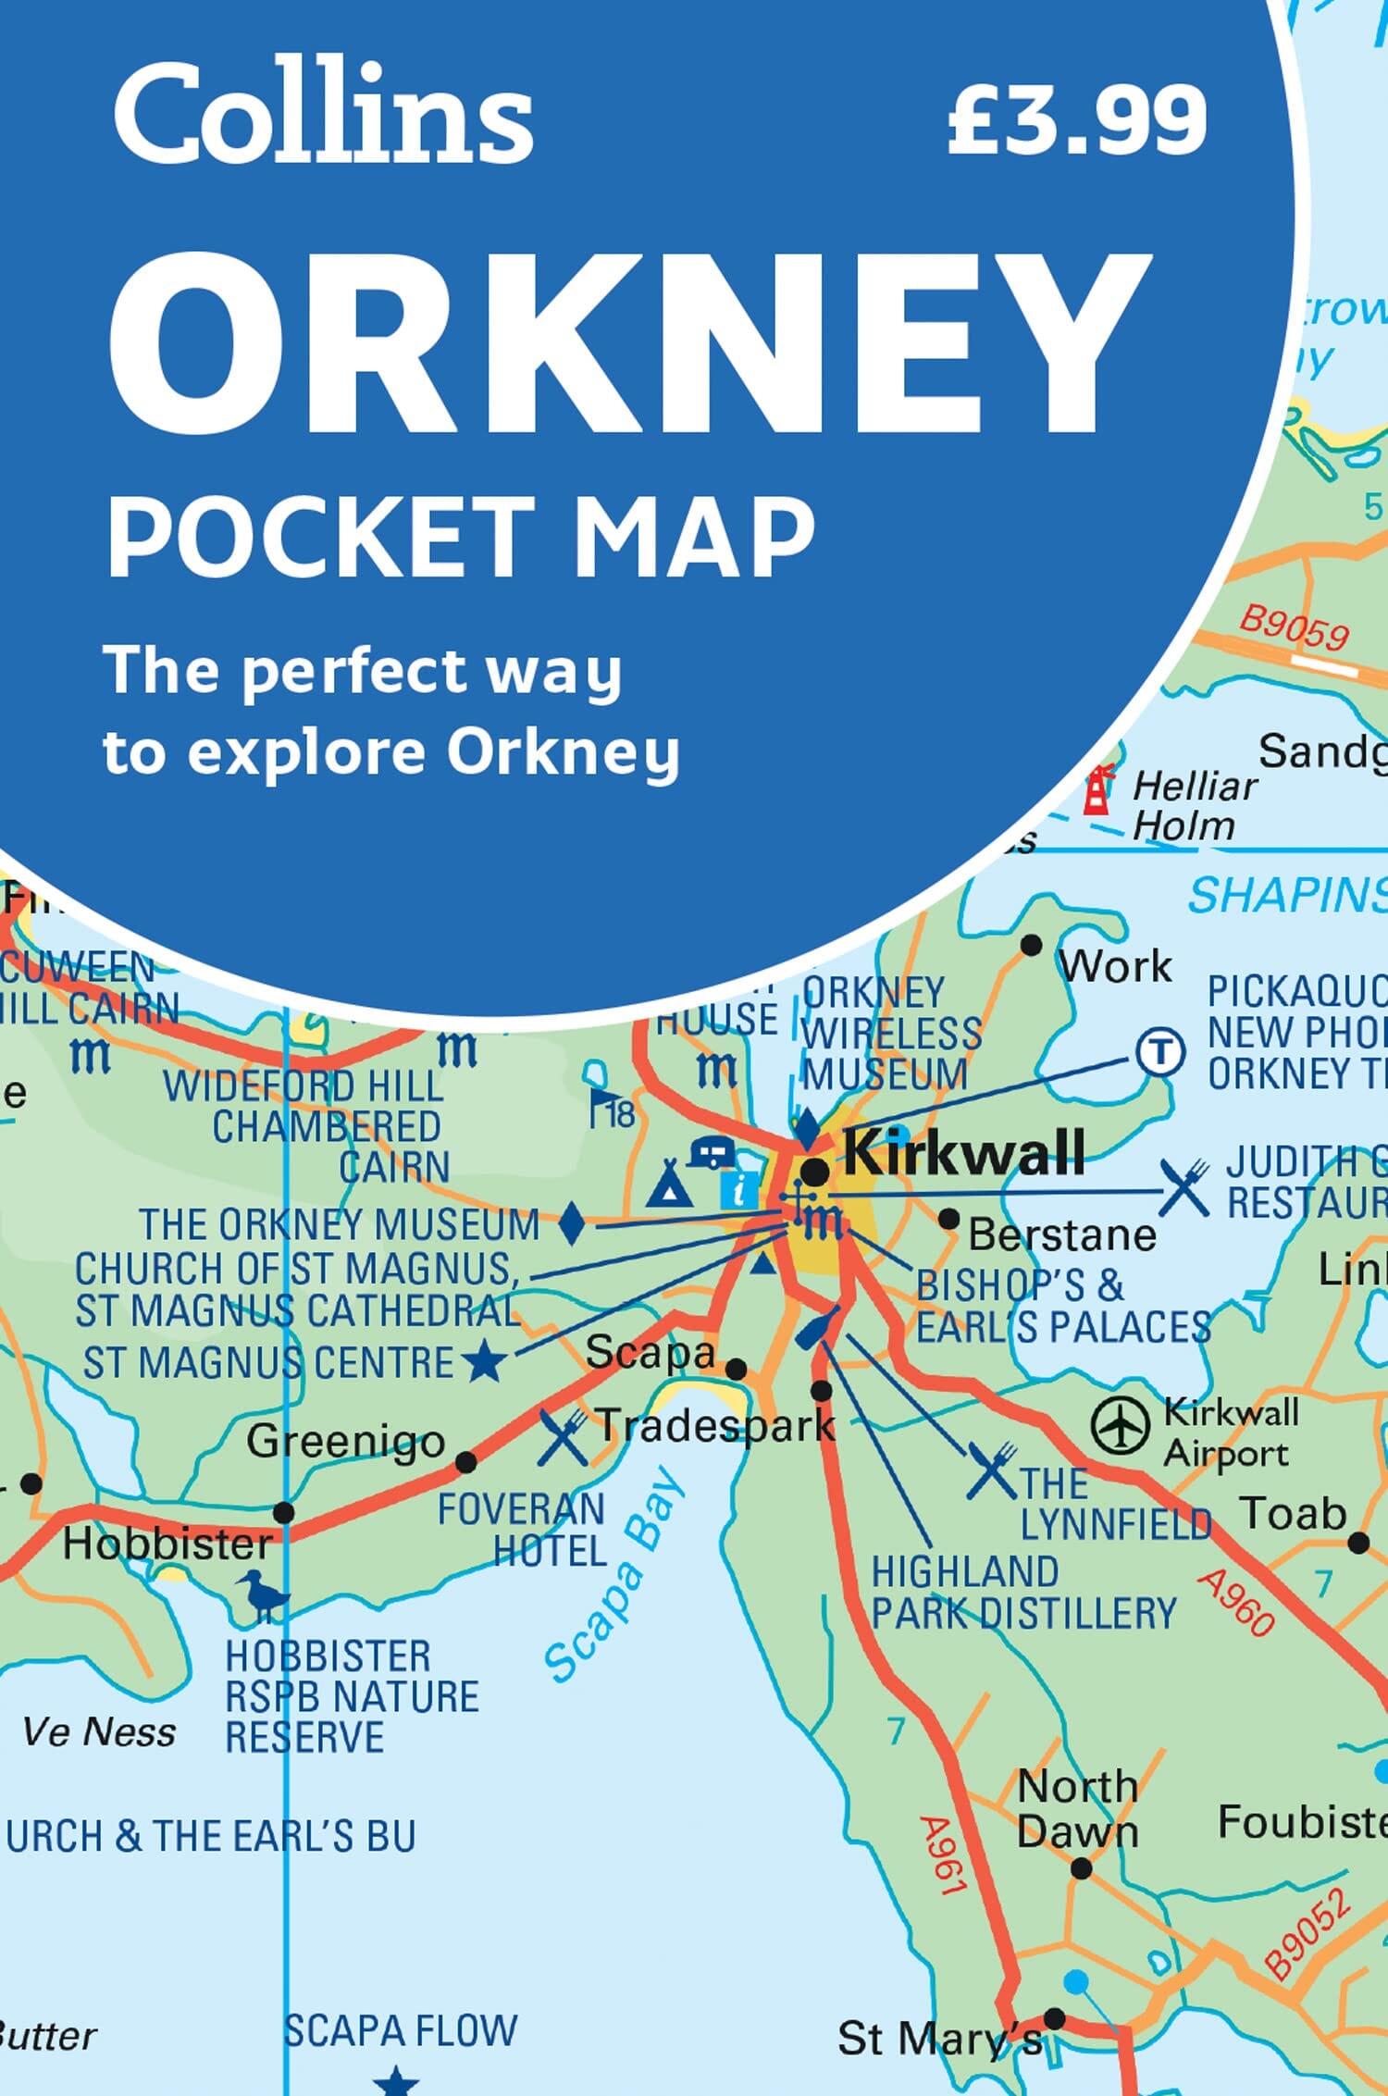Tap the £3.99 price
[x=1076, y=120]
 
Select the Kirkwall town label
[x=963, y=1152]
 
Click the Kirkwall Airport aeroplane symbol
[x=1121, y=1425]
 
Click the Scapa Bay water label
[x=614, y=1573]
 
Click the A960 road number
[x=1236, y=1602]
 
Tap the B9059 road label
[x=1294, y=628]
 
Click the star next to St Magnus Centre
[x=484, y=1362]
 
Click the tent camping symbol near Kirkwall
[x=669, y=1184]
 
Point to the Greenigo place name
[x=346, y=1440]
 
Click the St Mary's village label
[x=939, y=2039]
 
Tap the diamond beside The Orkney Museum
[x=573, y=1224]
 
